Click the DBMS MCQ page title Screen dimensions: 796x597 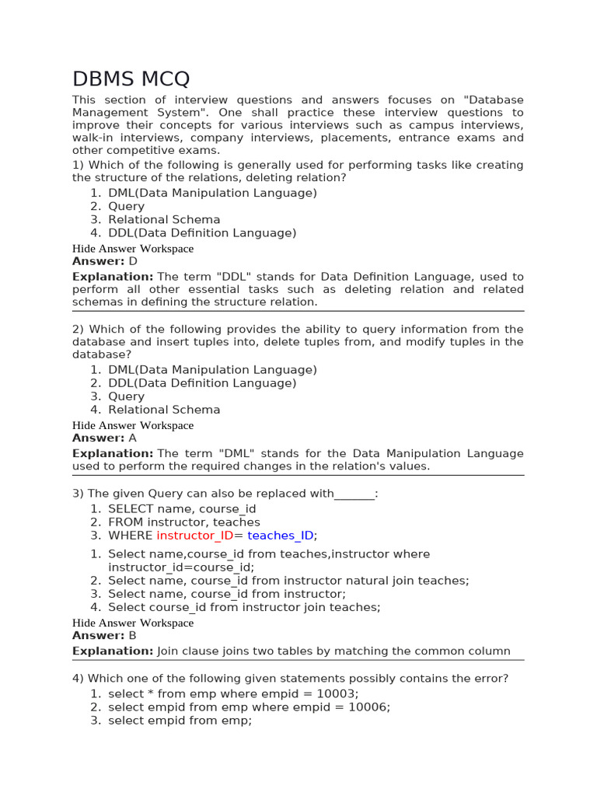tap(131, 79)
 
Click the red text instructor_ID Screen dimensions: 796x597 tap(194, 536)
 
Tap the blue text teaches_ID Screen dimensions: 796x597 tap(281, 536)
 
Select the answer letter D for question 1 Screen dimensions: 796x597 tap(133, 262)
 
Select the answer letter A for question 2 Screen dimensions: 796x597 tap(132, 438)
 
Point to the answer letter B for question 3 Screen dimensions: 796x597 tap(132, 636)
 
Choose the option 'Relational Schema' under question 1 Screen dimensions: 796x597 tap(164, 220)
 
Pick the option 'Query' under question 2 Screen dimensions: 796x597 tap(126, 396)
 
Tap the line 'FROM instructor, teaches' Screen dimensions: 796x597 tap(183, 522)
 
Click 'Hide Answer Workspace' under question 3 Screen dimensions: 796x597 tap(133, 623)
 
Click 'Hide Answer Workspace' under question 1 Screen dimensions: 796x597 tap(133, 249)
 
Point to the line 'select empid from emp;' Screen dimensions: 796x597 tap(180, 721)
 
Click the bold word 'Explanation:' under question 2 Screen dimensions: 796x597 tap(113, 453)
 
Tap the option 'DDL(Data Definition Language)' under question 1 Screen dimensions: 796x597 tap(202, 233)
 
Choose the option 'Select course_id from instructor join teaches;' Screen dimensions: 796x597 tap(244, 607)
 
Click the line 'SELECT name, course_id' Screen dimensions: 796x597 tap(182, 509)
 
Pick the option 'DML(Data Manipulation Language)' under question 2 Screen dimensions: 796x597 tap(212, 370)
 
